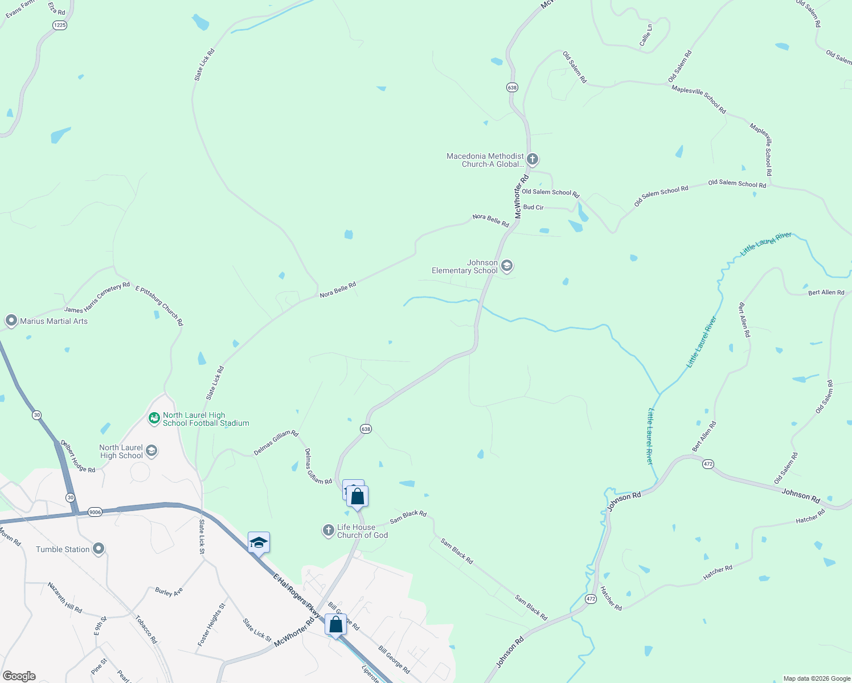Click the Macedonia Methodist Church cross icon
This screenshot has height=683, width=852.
[x=532, y=159]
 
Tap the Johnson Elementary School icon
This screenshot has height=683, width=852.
[x=507, y=266]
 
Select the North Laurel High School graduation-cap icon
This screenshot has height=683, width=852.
[x=151, y=451]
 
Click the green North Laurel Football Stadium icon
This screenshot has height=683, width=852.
[x=154, y=418]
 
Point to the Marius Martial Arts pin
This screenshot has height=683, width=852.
[x=11, y=320]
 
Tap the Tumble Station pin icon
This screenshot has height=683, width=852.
[x=99, y=549]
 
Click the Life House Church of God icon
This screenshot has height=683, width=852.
[x=328, y=530]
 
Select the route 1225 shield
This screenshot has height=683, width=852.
[x=59, y=25]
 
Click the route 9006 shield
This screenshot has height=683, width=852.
[x=95, y=512]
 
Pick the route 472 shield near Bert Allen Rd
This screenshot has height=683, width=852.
[x=708, y=464]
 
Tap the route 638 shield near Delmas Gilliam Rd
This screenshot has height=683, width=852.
[x=366, y=429]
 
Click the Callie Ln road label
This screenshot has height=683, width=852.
[x=646, y=35]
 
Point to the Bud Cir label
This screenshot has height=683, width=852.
[x=534, y=207]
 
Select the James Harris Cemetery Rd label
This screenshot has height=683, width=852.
[x=97, y=298]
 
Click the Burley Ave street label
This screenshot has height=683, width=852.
[x=169, y=592]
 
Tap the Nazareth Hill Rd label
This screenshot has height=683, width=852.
[x=64, y=598]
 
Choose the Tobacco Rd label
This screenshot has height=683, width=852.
[x=146, y=629]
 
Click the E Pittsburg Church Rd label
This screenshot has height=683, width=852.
[x=159, y=306]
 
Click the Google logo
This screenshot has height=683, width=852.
[x=19, y=676]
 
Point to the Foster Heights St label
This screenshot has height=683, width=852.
[x=211, y=625]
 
